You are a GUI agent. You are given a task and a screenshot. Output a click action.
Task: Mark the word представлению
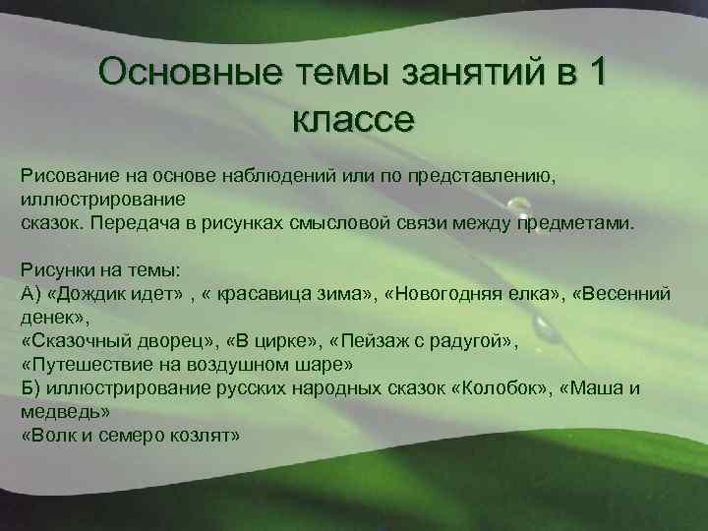[x=469, y=175]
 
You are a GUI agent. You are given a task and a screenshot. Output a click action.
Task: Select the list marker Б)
[x=29, y=387]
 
